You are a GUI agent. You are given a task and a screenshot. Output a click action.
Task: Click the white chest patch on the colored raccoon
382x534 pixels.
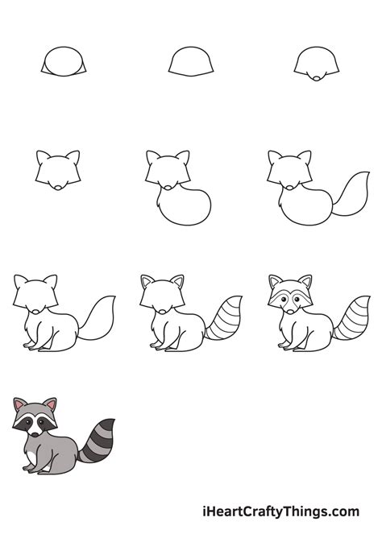(31, 457)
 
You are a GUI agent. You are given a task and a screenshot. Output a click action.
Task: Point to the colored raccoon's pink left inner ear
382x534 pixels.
(19, 408)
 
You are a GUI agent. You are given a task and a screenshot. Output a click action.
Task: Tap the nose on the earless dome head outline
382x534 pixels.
(318, 77)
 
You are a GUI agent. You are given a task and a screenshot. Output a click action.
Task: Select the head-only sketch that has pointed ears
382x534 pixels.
(58, 169)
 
